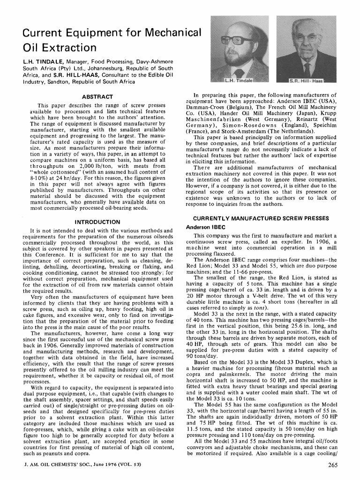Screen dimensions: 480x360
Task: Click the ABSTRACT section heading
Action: [95, 97]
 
